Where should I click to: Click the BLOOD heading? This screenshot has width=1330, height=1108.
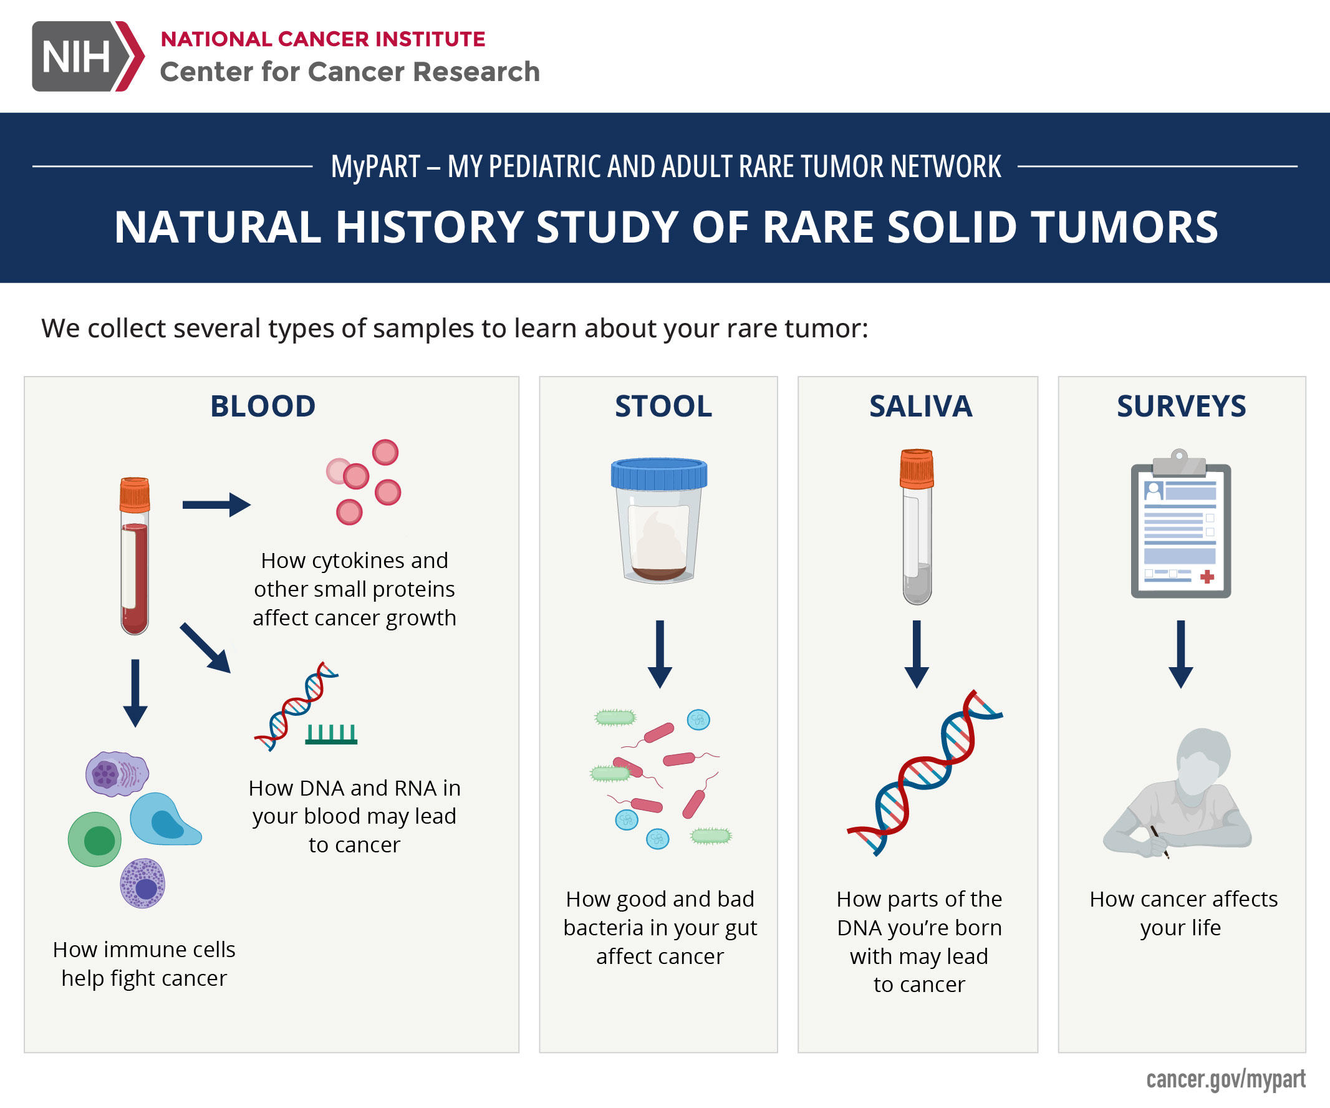click(x=263, y=406)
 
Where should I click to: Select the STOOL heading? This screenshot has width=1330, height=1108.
click(x=663, y=406)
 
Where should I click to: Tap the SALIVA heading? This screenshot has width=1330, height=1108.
click(x=920, y=406)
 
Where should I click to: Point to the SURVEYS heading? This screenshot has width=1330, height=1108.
click(x=1181, y=406)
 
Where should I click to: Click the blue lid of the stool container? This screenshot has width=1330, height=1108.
click(x=658, y=474)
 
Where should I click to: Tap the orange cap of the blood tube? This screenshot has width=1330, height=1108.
click(x=135, y=494)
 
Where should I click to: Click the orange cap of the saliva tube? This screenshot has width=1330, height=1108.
click(x=917, y=468)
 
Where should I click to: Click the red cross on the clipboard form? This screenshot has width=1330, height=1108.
click(x=1207, y=576)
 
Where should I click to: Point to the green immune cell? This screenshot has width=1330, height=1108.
click(x=95, y=839)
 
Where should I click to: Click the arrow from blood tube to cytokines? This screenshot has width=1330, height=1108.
click(x=216, y=504)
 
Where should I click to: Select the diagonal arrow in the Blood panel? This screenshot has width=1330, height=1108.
click(x=205, y=647)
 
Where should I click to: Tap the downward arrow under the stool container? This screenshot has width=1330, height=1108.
click(x=660, y=653)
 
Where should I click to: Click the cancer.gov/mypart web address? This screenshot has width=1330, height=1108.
click(x=1225, y=1079)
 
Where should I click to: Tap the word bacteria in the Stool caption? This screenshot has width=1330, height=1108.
click(x=602, y=928)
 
